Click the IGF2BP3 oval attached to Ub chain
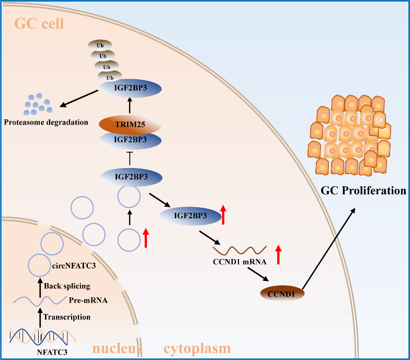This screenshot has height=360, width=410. [x=123, y=88]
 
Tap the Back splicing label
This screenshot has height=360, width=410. [x=67, y=286]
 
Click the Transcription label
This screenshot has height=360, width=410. [x=67, y=317]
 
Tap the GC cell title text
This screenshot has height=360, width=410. [x=39, y=24]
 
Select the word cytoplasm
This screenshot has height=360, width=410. [x=197, y=348]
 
